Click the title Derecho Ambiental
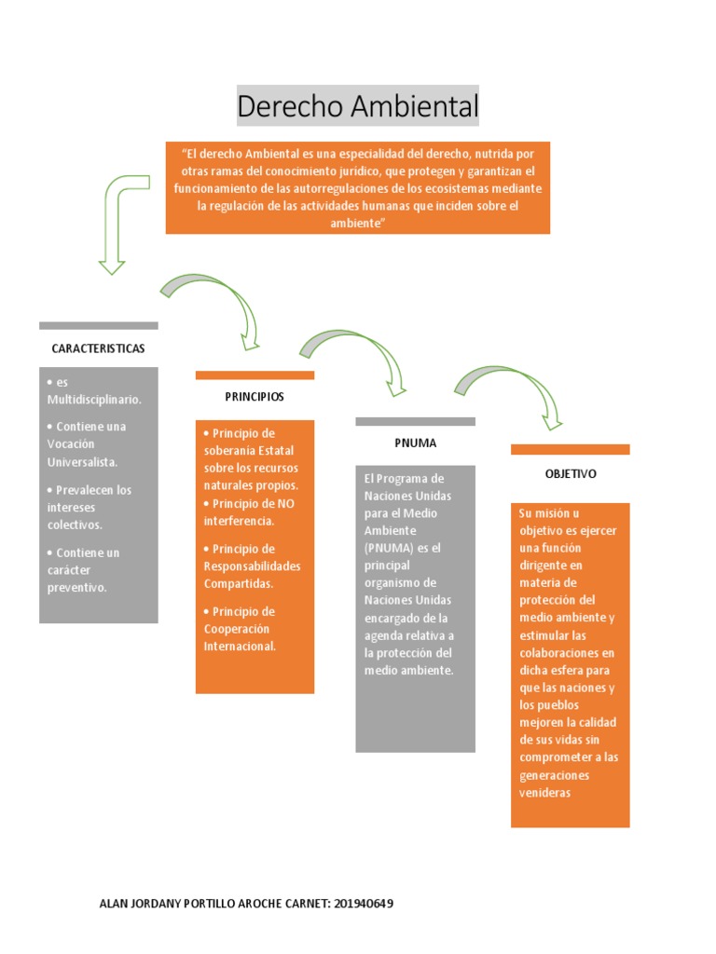[357, 106]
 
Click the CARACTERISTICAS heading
[98, 348]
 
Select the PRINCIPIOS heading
[255, 397]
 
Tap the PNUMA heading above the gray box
[415, 443]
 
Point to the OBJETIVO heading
[571, 474]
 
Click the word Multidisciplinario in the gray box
[94, 400]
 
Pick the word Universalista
[82, 462]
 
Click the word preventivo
[76, 588]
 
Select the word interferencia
[239, 521]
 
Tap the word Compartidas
[239, 584]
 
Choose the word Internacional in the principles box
[240, 647]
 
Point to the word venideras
[544, 794]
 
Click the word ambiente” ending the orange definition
[358, 224]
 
